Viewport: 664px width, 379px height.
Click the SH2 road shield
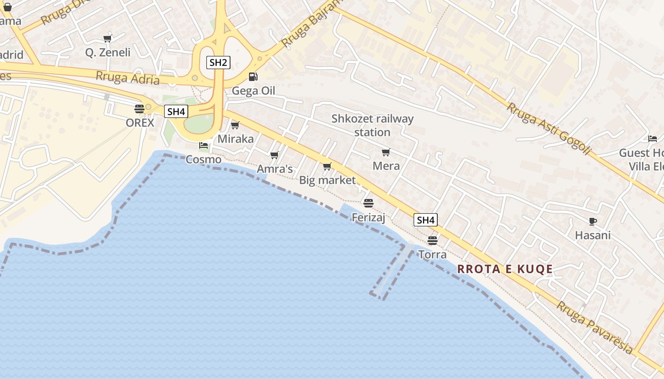218,62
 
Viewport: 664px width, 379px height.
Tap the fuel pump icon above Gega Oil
253,77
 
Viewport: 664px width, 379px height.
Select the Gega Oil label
253,91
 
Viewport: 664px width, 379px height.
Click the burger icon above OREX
139,108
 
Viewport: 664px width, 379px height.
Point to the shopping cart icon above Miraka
235,125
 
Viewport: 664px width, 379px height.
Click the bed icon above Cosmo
203,145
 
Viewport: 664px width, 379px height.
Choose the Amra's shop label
275,169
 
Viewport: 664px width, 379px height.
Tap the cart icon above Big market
327,166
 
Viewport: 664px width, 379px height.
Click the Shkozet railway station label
372,125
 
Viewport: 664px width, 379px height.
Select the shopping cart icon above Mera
386,152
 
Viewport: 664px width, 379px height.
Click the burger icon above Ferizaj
369,203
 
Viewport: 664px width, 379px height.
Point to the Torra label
432,254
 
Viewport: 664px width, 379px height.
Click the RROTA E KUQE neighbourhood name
505,269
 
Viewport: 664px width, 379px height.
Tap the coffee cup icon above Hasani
592,221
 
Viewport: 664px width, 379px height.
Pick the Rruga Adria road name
128,78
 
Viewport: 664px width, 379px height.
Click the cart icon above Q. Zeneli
108,38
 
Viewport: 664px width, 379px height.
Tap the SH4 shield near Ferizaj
425,220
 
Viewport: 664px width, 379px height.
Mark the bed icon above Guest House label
653,139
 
